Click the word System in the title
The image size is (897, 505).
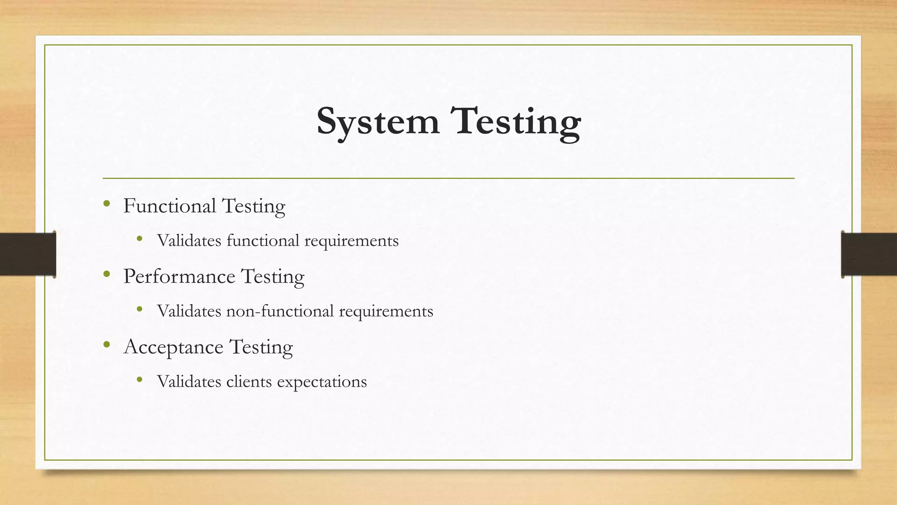(378, 121)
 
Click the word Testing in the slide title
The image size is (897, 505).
(518, 121)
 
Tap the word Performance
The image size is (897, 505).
(179, 277)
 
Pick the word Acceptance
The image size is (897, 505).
(173, 347)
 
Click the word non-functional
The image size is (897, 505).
(280, 311)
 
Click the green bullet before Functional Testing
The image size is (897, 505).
(106, 203)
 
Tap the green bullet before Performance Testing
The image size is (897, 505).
(106, 274)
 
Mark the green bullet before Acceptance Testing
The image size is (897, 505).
(106, 345)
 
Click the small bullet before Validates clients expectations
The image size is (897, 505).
(140, 379)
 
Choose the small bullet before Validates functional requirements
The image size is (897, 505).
(140, 238)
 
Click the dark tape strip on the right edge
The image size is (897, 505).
(869, 254)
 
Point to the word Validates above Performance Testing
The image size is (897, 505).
(189, 240)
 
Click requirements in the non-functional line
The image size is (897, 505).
(386, 311)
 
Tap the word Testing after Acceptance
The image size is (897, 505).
(261, 347)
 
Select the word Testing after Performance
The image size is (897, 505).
(272, 277)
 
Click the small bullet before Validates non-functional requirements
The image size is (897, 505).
(140, 309)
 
